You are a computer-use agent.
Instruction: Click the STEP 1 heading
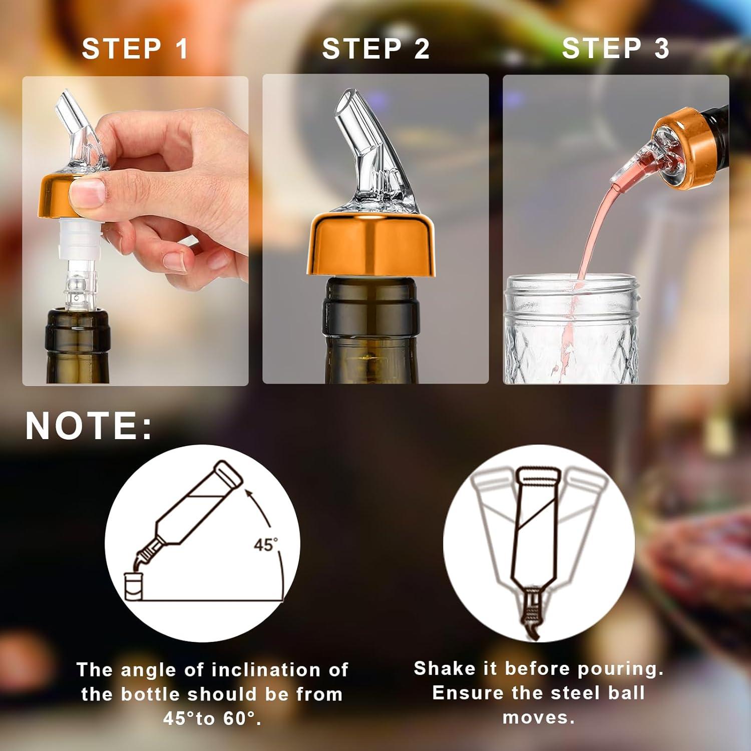[x=135, y=49]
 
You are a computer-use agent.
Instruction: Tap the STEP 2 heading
[x=375, y=49]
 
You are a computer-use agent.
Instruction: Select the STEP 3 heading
[x=615, y=49]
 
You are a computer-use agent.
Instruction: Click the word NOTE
[x=88, y=426]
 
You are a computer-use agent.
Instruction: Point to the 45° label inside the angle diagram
[x=265, y=545]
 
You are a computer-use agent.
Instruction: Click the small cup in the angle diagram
[x=134, y=587]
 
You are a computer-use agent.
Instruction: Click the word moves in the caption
[x=538, y=717]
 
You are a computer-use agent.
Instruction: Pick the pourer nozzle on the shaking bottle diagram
[x=533, y=613]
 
